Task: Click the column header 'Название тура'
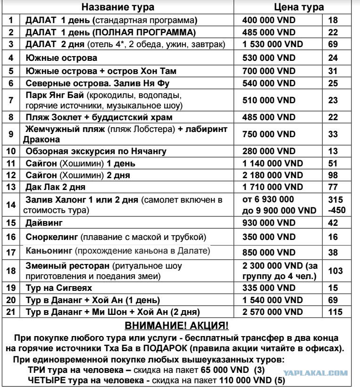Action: click(x=125, y=8)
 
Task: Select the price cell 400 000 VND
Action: click(x=268, y=21)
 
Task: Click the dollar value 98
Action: click(x=335, y=175)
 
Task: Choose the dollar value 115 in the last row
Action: click(x=335, y=312)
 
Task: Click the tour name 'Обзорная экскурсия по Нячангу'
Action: click(x=90, y=151)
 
